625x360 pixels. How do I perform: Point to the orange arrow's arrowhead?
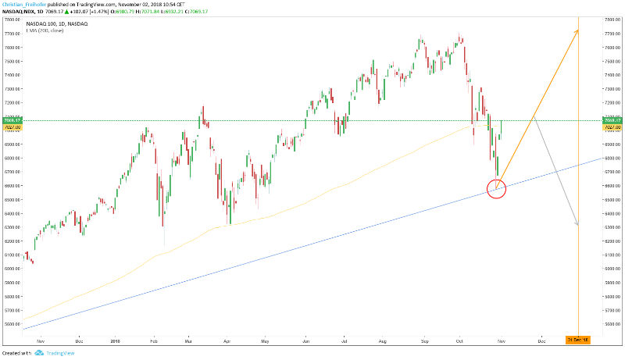tap(577, 30)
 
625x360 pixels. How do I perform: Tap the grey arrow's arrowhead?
tap(577, 225)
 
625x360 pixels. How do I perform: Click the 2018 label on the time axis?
tap(116, 341)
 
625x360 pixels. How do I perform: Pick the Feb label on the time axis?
tap(154, 341)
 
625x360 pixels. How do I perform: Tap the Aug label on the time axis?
tap(382, 341)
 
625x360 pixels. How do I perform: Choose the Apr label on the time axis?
tap(227, 341)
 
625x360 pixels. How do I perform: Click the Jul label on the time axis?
tap(344, 341)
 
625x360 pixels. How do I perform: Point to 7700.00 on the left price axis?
tap(11, 34)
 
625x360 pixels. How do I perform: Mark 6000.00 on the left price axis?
tap(11, 269)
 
